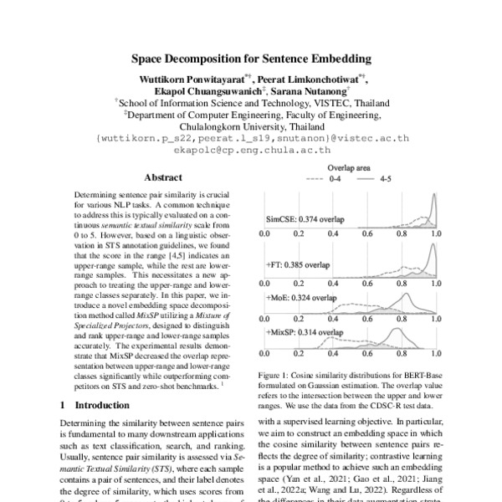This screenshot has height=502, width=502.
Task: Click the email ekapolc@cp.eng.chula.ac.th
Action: click(252, 151)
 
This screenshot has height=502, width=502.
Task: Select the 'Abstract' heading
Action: click(163, 177)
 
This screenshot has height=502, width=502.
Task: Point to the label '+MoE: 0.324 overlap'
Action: click(303, 297)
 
